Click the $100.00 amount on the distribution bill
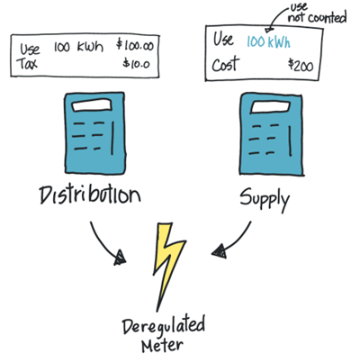[x=135, y=46]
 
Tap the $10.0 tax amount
[x=136, y=63]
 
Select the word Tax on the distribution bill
[x=27, y=63]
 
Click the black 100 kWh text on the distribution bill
[x=78, y=47]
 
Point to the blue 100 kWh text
[x=268, y=41]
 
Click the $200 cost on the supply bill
[x=301, y=65]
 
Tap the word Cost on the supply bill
[x=226, y=64]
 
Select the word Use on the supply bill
[x=223, y=39]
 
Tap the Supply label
[x=265, y=198]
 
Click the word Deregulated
[x=164, y=326]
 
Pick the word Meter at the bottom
[x=162, y=346]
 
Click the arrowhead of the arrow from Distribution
[x=120, y=259]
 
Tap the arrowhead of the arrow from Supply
[x=220, y=251]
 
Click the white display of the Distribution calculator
[x=93, y=104]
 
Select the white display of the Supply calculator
[x=270, y=107]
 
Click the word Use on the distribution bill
[x=30, y=49]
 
